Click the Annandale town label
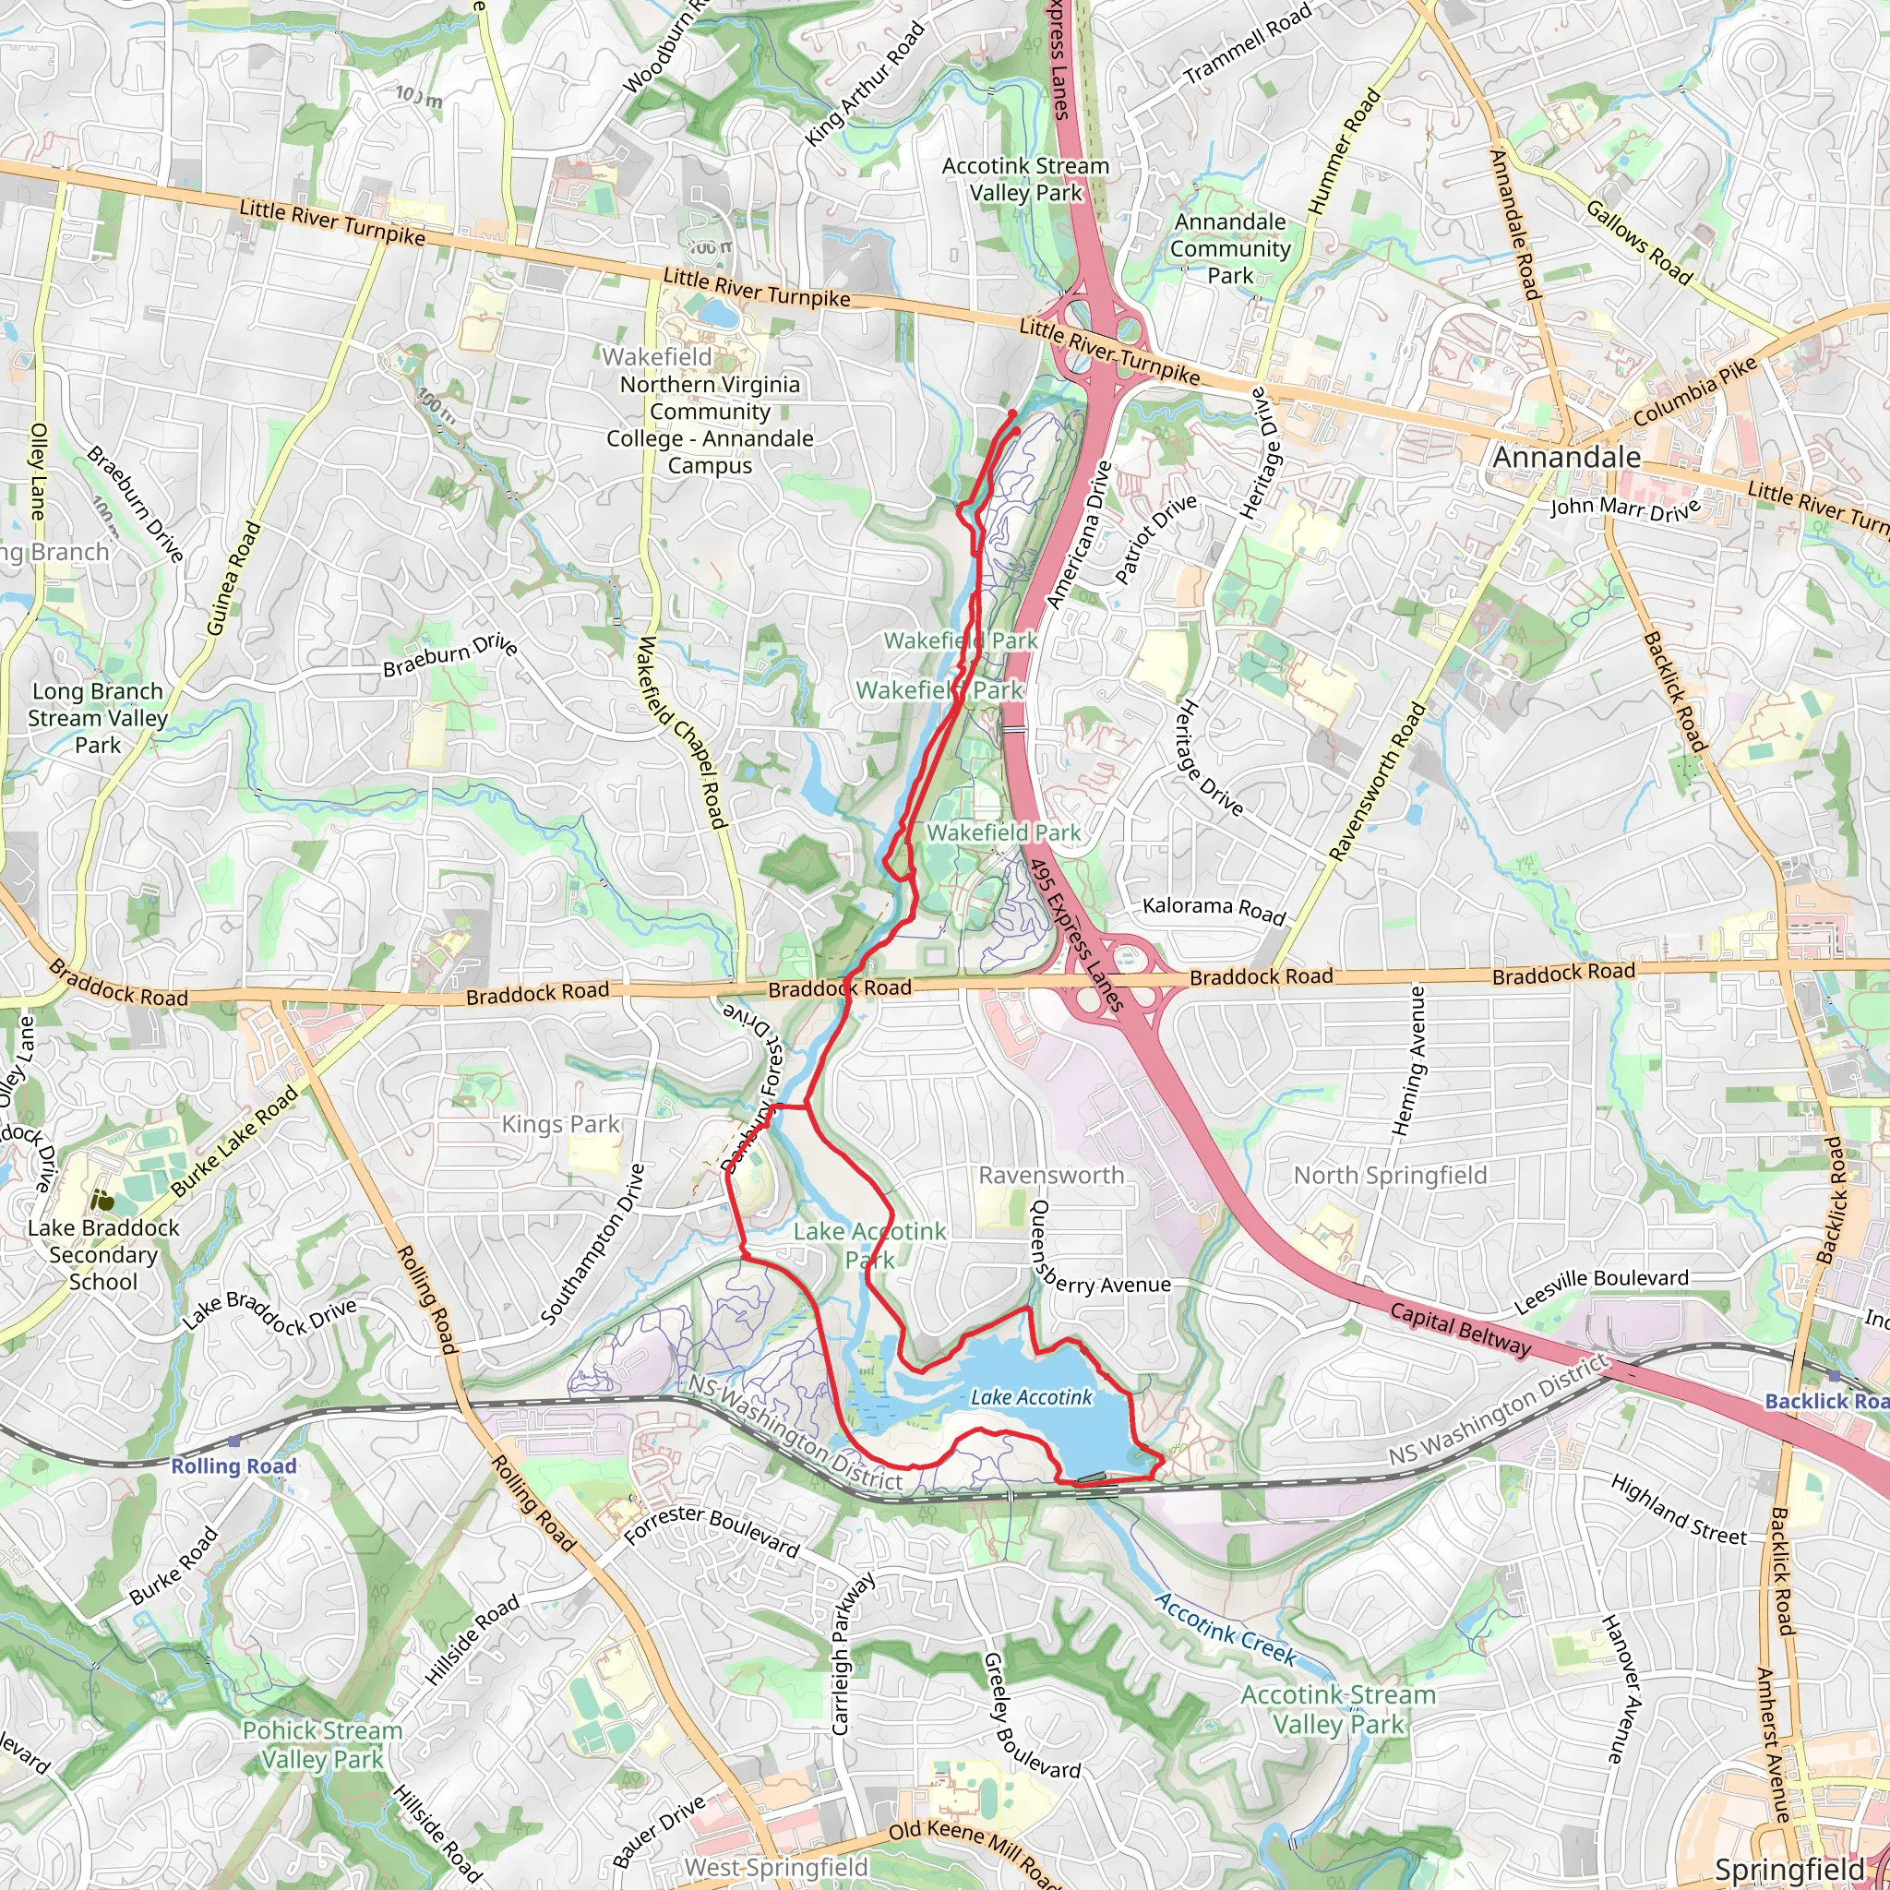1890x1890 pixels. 1566,458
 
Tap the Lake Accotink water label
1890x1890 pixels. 1031,1398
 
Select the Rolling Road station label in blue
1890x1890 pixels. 233,1465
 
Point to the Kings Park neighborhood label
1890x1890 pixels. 560,1125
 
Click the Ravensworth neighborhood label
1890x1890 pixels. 1052,1175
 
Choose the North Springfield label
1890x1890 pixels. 1390,1175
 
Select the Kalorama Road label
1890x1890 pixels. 1214,909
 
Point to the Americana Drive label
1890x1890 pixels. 1079,535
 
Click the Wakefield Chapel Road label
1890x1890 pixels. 682,733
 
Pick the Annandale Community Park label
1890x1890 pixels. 1231,248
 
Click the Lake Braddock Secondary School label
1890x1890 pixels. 103,1254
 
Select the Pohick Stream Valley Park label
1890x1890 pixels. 323,1744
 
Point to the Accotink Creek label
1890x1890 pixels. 1226,1629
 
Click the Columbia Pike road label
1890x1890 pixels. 1695,391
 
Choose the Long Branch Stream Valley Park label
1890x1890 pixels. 98,718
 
